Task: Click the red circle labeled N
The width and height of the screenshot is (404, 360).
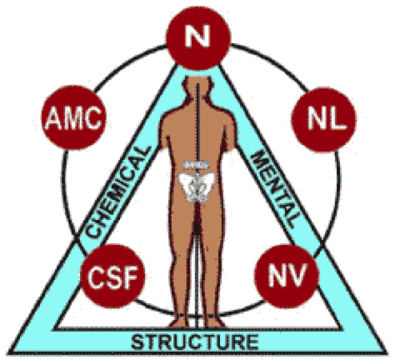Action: coord(198,38)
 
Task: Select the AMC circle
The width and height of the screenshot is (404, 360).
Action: coord(74,118)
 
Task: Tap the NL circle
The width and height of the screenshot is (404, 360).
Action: coord(324,119)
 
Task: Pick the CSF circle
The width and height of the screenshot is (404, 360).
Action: coord(113,276)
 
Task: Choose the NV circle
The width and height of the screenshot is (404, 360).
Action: coord(287,276)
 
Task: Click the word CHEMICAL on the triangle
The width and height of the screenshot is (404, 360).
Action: coord(118,192)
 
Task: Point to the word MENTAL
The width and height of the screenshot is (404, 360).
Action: coord(274,188)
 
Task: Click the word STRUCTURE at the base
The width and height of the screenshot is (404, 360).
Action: coord(195,342)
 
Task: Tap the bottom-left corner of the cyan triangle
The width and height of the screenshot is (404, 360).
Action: coord(9,354)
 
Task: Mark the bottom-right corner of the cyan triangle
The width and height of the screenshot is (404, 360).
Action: coord(386,354)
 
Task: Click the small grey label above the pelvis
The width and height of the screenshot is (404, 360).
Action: coord(196,165)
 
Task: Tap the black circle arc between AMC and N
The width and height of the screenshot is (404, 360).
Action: coord(128,63)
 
